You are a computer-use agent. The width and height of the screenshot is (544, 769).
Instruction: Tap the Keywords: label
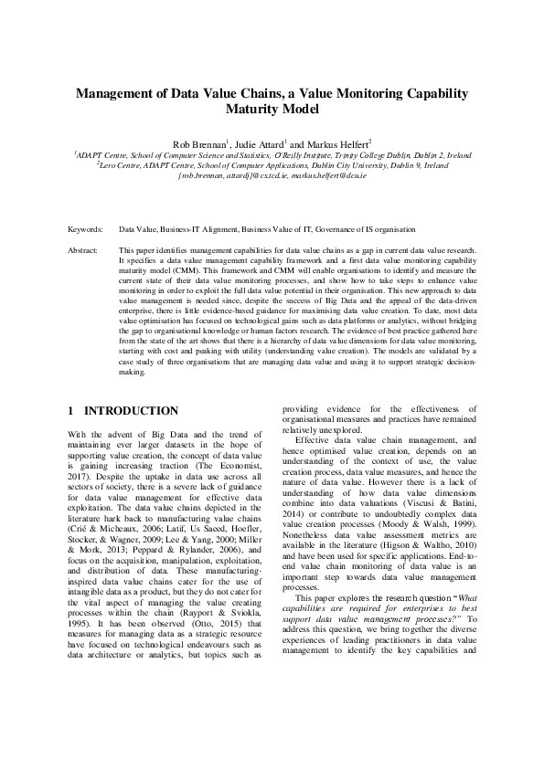pos(86,230)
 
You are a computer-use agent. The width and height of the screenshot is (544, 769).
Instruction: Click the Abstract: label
pos(84,249)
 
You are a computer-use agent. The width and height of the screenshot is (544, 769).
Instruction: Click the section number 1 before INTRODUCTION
pos(72,411)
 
